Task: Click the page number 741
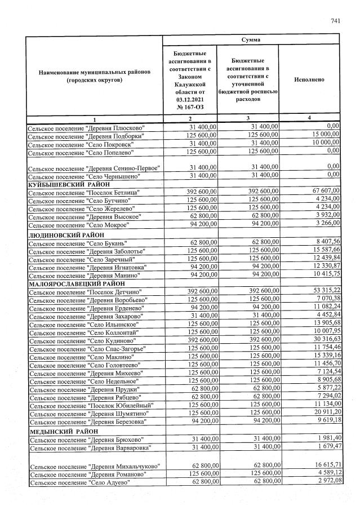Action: click(x=336, y=21)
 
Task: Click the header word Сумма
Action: click(x=251, y=40)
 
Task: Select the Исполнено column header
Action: click(x=309, y=79)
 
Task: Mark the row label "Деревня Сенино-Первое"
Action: click(x=94, y=167)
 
